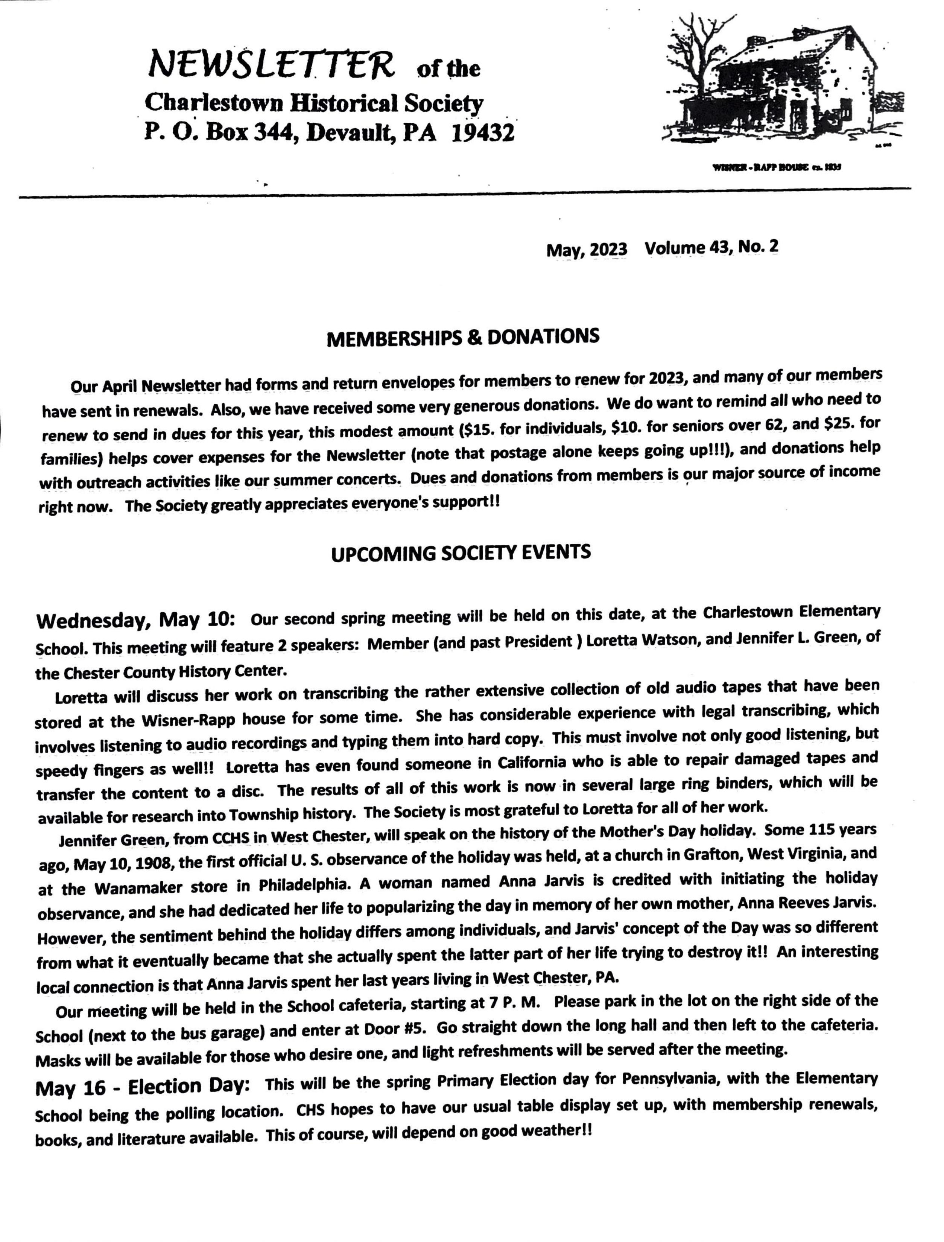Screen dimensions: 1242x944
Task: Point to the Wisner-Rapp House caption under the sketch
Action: (x=776, y=167)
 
